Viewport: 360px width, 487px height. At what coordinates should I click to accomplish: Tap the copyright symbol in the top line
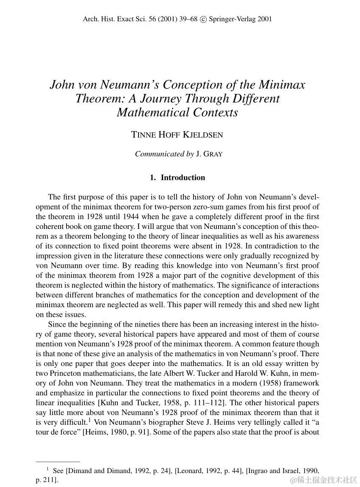204,19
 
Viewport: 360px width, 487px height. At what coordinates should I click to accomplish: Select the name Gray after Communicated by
212,154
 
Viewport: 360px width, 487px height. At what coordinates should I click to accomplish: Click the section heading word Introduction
183,178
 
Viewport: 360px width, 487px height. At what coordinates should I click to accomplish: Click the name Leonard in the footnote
189,470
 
